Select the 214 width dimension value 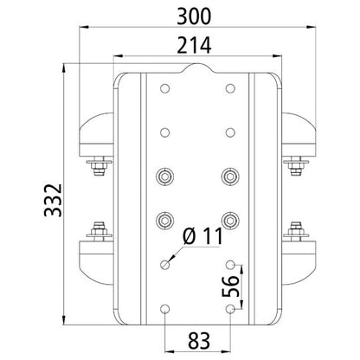(x=197, y=48)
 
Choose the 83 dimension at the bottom (x=197, y=338)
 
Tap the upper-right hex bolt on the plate (x=230, y=177)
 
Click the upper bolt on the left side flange (x=98, y=162)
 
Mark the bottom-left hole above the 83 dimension (x=164, y=309)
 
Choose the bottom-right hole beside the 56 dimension (x=230, y=309)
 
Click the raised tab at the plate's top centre (x=197, y=68)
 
